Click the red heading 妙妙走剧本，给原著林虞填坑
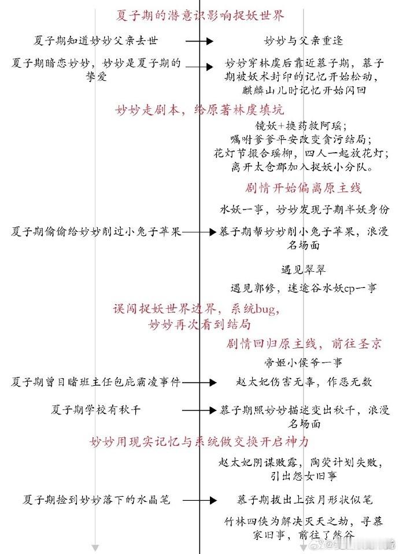click(199, 109)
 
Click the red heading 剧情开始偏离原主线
click(304, 189)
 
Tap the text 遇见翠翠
click(297, 269)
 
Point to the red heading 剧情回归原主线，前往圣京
click(304, 344)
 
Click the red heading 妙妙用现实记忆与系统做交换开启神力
click(199, 442)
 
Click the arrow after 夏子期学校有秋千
click(198, 410)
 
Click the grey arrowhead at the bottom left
click(96, 546)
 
